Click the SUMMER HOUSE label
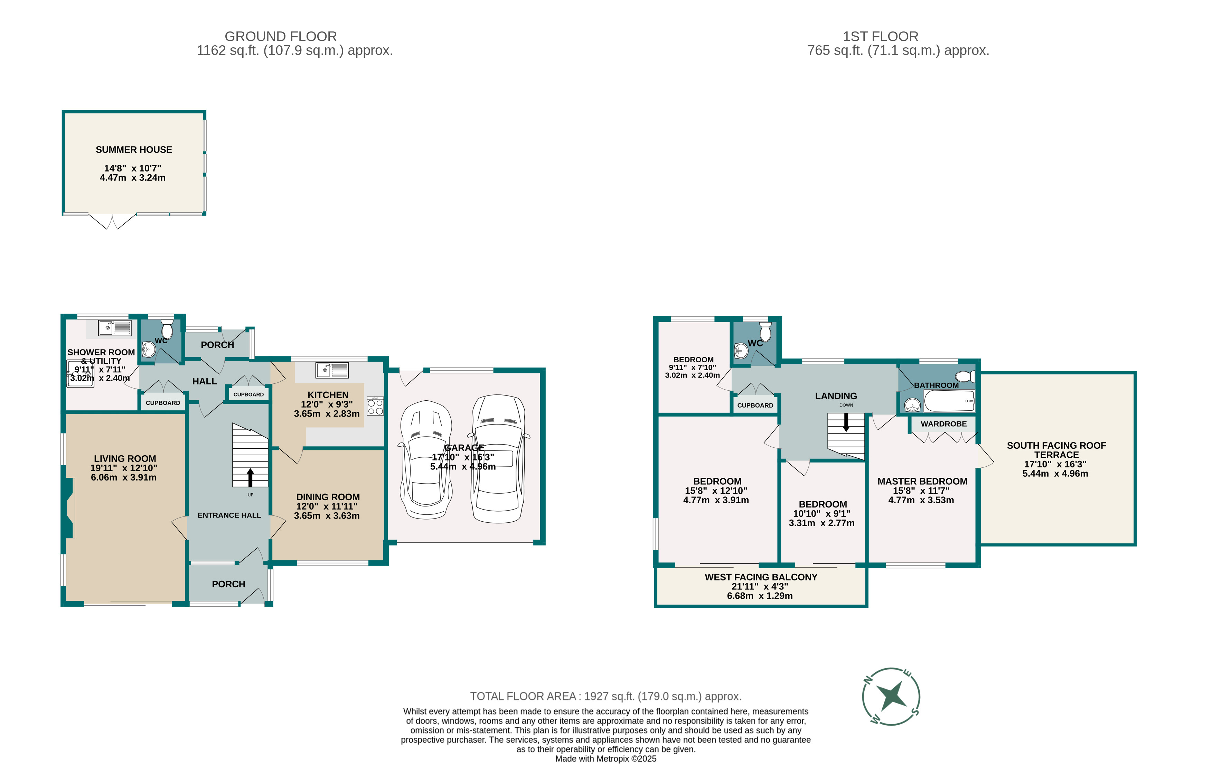(134, 150)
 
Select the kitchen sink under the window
(332, 370)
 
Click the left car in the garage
(426, 459)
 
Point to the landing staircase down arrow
(846, 422)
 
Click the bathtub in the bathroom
(949, 401)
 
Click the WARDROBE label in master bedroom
(944, 424)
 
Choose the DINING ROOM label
(328, 497)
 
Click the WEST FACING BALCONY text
(761, 577)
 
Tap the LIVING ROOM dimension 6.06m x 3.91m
(124, 477)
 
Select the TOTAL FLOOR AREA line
(605, 697)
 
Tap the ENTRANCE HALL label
(229, 515)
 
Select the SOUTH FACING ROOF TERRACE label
(1056, 450)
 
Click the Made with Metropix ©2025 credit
(605, 758)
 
